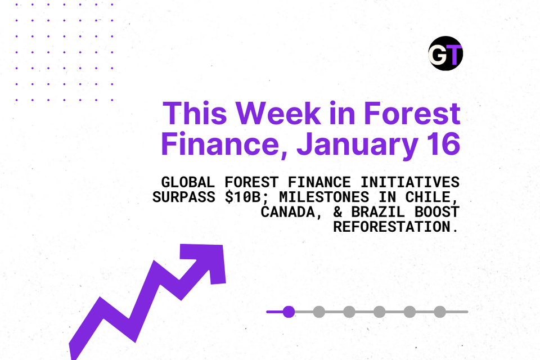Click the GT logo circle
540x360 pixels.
[x=445, y=54]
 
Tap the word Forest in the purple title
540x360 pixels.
[x=412, y=114]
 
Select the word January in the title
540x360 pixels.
[x=356, y=144]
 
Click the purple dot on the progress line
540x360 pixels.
[x=289, y=312]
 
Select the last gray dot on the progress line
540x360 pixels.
[x=440, y=312]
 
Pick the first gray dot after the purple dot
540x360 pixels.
[x=319, y=312]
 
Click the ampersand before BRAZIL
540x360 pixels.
[x=326, y=213]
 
